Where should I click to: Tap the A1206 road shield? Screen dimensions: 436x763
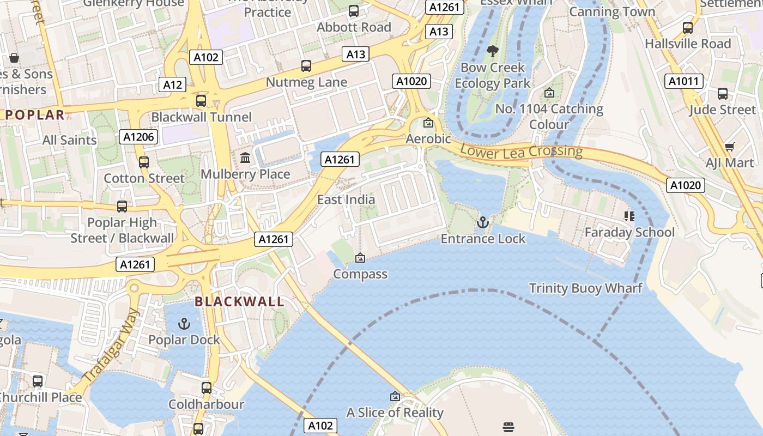(138, 137)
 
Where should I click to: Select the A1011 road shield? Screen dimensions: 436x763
(683, 82)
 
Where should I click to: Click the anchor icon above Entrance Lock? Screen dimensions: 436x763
(483, 222)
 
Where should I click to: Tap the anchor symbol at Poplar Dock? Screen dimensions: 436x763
(184, 324)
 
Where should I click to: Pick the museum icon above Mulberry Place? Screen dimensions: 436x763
(245, 158)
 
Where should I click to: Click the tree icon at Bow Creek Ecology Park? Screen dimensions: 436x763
(492, 52)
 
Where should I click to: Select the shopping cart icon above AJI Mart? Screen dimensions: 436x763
(729, 147)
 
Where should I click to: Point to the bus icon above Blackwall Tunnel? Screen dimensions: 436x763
(201, 101)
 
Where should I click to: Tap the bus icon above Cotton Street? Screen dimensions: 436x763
(144, 162)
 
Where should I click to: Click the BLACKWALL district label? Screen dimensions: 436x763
(239, 301)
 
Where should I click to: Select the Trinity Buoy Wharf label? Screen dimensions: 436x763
(586, 288)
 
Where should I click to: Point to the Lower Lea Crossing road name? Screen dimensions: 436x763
(521, 151)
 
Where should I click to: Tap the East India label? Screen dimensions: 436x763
(346, 199)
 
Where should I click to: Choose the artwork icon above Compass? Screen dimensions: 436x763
(360, 258)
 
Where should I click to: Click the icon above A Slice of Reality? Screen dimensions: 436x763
(395, 396)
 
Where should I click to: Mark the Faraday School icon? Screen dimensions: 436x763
(629, 216)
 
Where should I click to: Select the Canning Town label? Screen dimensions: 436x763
(612, 11)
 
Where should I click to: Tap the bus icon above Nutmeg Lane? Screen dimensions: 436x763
(306, 66)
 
